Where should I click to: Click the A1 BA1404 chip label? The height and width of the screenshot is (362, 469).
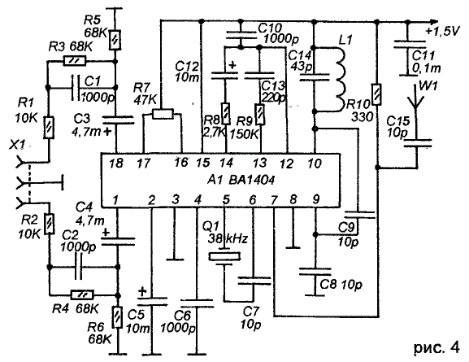point(241,181)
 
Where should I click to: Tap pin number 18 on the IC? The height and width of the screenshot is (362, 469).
point(116,164)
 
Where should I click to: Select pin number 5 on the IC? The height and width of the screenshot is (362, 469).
point(226,199)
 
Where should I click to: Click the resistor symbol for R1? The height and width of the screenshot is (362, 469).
point(49,128)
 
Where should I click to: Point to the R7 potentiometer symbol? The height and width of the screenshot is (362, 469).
point(163,114)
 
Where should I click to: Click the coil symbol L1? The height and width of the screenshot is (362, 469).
point(341,80)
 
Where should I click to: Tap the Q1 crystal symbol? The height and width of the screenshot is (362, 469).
point(224,256)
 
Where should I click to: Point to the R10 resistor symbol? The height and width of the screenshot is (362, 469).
point(377,94)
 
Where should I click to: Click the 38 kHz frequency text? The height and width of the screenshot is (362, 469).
point(228,239)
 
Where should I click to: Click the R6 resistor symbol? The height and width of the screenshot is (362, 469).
point(118,317)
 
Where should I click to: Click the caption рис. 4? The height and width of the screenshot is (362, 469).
point(436,347)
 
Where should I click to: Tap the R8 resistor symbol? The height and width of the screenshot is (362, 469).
point(226,114)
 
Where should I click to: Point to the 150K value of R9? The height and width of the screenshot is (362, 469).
point(244,135)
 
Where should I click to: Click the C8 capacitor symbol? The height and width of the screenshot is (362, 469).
point(315,272)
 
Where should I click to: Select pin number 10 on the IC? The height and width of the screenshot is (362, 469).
point(314,164)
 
